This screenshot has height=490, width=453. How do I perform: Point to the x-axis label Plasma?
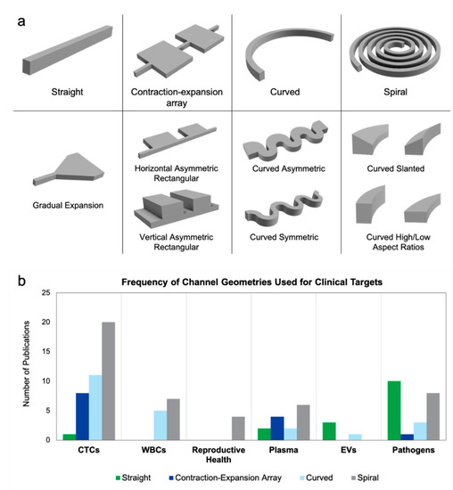(x=284, y=450)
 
